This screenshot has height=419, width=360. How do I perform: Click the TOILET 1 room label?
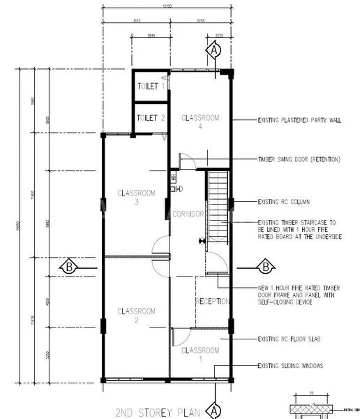(x=151, y=87)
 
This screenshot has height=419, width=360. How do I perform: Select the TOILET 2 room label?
(x=151, y=118)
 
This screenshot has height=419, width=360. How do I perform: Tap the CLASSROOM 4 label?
(x=201, y=122)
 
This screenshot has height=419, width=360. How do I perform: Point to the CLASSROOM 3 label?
(x=137, y=197)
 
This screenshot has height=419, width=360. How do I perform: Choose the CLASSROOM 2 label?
(x=137, y=315)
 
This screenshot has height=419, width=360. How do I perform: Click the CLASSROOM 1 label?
(x=201, y=353)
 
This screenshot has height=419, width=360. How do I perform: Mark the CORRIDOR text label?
(x=188, y=214)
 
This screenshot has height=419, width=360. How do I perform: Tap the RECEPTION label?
(x=213, y=302)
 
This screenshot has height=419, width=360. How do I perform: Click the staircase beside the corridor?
(x=217, y=206)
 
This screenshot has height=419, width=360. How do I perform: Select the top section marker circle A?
(x=215, y=50)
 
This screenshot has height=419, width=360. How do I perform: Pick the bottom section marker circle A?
(x=215, y=409)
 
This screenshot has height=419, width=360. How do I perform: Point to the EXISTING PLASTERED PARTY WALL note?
(x=299, y=120)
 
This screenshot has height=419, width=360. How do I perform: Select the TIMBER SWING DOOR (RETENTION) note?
(x=299, y=159)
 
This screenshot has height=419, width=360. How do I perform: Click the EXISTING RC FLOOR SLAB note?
(x=289, y=339)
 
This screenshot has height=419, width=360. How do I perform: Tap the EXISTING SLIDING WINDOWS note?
(x=290, y=365)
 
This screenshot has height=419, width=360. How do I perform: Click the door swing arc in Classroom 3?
(x=160, y=246)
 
